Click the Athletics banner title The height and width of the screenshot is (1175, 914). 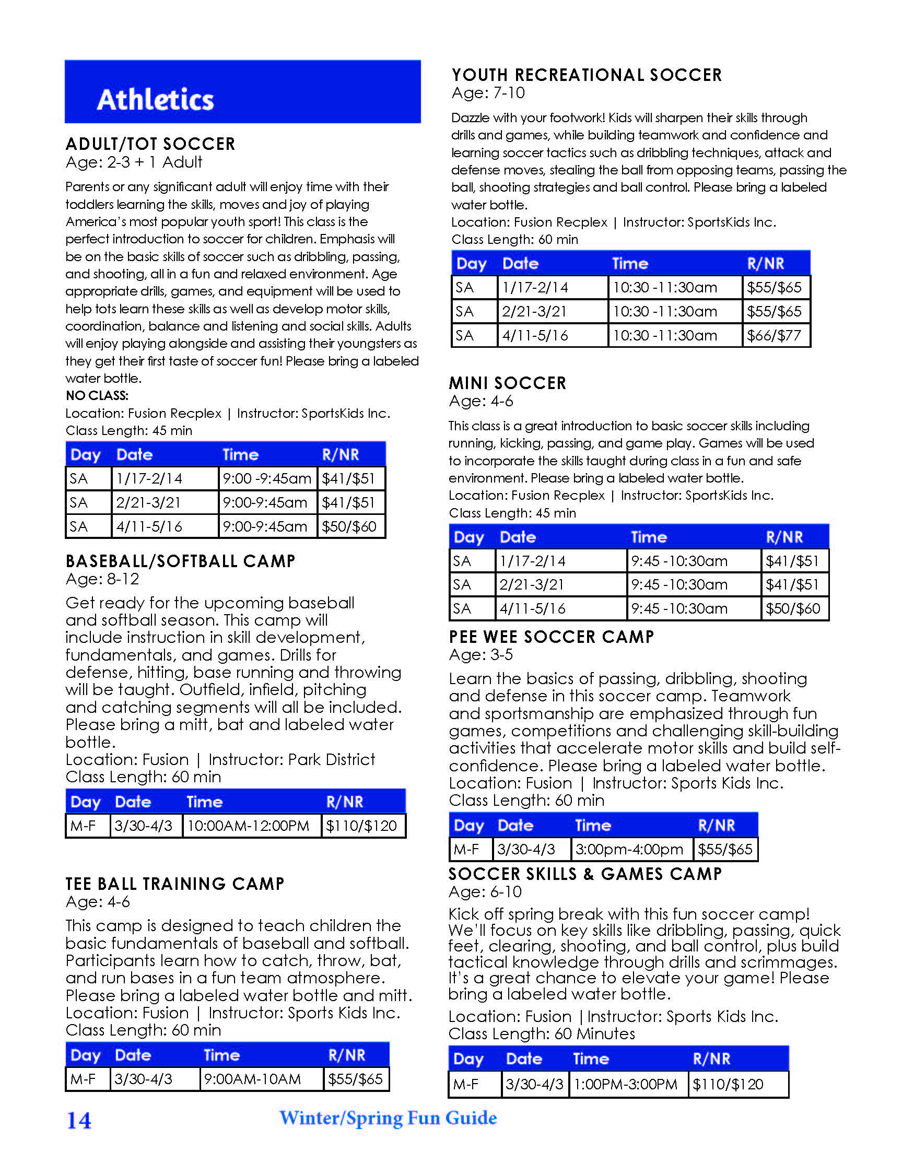pos(155,100)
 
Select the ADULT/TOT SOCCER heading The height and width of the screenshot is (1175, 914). pos(150,144)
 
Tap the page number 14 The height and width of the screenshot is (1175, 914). pos(78,1120)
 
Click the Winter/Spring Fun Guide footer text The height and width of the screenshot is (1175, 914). pos(388,1118)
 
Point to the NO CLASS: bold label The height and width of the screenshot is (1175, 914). pos(97,395)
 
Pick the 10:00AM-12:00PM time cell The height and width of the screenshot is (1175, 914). pos(248,826)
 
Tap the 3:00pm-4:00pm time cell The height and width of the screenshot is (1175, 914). pos(629,849)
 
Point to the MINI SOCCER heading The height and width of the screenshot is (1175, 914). pos(507,383)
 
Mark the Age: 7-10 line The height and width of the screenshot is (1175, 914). pos(488,93)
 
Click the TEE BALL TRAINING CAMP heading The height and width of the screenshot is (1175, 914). pos(175,884)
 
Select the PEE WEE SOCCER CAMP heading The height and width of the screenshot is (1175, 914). pos(551,637)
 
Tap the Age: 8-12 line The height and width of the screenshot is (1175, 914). pos(102,579)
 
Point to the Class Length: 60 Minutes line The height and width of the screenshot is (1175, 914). pos(541,1033)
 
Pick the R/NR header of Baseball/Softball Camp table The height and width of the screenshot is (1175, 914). pos(344,802)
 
